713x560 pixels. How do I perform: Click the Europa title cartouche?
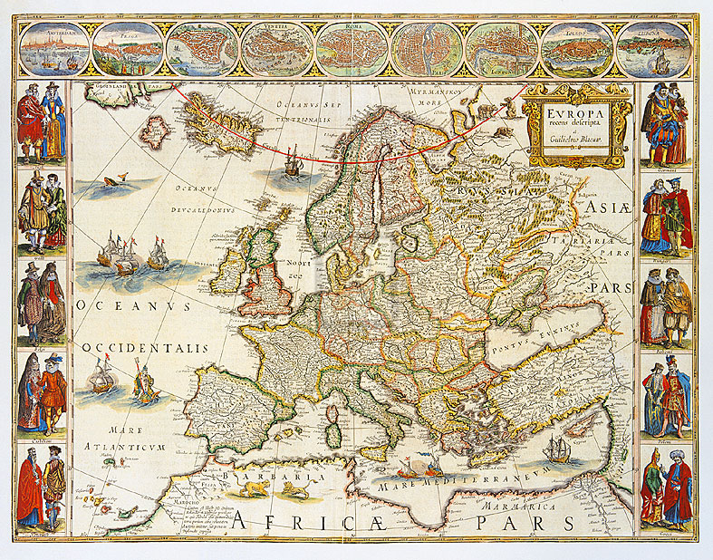point(577,125)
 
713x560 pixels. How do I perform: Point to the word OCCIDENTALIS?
point(145,348)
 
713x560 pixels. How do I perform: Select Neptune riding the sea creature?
point(145,385)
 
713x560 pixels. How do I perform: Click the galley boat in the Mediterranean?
point(412,471)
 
